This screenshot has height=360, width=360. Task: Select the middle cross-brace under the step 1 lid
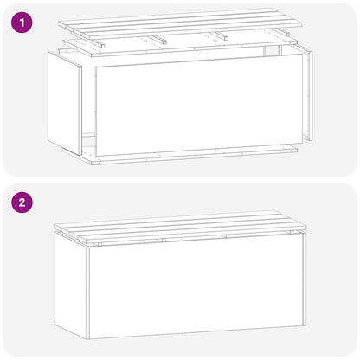161,39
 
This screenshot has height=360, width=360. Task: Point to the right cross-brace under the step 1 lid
222,36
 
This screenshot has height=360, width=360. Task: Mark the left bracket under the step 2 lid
99,244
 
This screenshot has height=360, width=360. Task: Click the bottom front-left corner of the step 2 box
89,338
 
